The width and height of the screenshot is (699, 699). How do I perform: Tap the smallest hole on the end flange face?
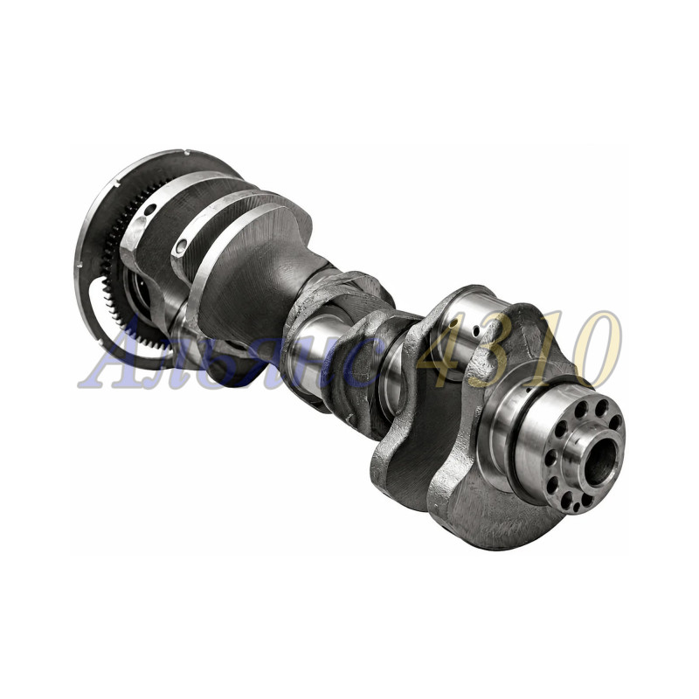click(x=578, y=508)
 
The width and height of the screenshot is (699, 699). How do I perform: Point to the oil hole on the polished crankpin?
click(x=476, y=331)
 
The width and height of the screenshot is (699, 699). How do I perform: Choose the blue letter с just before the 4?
click(x=357, y=363)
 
